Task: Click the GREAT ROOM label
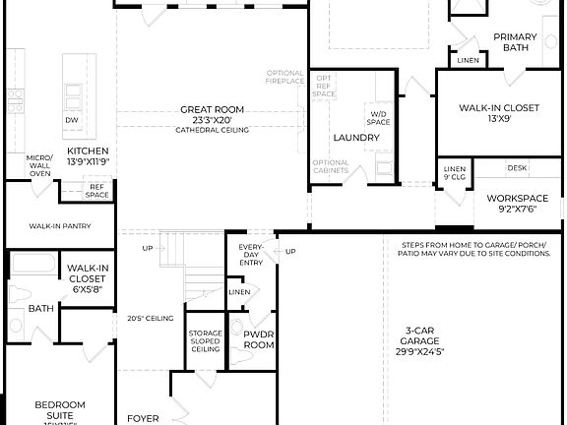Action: pos(205,109)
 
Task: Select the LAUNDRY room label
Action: pos(356,138)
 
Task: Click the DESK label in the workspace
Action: pos(518,168)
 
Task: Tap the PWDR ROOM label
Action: pos(258,339)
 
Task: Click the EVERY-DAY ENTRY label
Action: pos(251,252)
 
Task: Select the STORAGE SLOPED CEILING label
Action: pos(206,340)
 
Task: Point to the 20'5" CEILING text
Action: pos(144,318)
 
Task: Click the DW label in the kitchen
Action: pos(71,120)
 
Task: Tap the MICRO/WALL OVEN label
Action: pos(39,164)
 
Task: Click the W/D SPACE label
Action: pos(379,118)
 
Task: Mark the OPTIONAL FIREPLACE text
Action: pos(285,78)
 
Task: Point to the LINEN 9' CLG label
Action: pos(454,174)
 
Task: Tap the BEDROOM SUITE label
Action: pos(60,409)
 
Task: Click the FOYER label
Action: pos(144,418)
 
